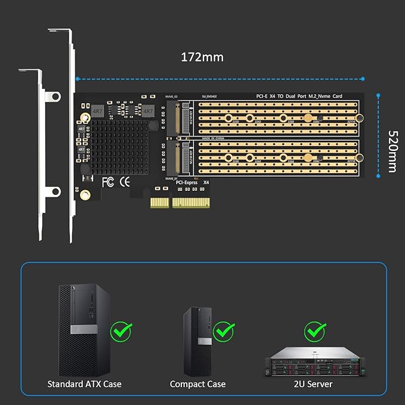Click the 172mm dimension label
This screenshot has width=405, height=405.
click(202, 57)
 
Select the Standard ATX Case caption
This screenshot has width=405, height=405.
click(84, 384)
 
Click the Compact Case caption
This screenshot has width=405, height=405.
click(197, 384)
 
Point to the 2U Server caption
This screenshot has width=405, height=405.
click(314, 384)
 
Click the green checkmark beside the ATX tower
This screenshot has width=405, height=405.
click(121, 330)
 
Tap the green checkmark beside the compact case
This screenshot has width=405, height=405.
click(224, 330)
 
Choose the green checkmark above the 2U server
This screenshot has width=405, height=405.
click(314, 330)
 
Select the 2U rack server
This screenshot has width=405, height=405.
click(314, 361)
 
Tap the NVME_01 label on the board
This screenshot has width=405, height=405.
click(172, 178)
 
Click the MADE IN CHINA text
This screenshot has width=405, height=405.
click(212, 138)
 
